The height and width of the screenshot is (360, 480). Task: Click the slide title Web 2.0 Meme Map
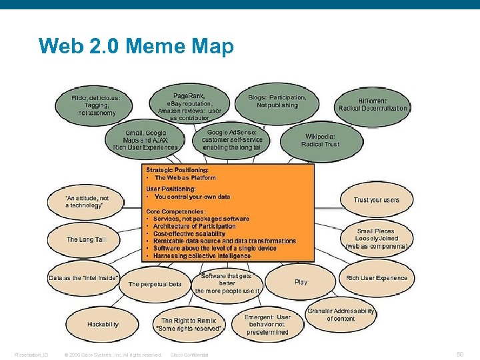pos(136,47)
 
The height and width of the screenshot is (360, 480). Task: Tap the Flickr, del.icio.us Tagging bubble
pos(97,105)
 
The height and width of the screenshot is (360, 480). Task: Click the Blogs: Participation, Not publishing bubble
pos(277,101)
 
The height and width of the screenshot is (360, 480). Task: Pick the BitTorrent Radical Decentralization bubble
pos(373,105)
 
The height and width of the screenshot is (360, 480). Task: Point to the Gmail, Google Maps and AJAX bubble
pos(145,140)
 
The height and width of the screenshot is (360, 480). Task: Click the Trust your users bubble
pos(377,200)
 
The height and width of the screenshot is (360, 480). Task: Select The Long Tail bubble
pos(86,239)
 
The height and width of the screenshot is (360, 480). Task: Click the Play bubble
pos(301,282)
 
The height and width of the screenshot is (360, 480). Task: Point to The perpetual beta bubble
pos(155,285)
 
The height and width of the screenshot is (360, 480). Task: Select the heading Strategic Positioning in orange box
pos(182,170)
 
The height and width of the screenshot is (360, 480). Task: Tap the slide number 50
pos(459,354)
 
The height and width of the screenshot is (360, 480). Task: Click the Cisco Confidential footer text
pos(189,355)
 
